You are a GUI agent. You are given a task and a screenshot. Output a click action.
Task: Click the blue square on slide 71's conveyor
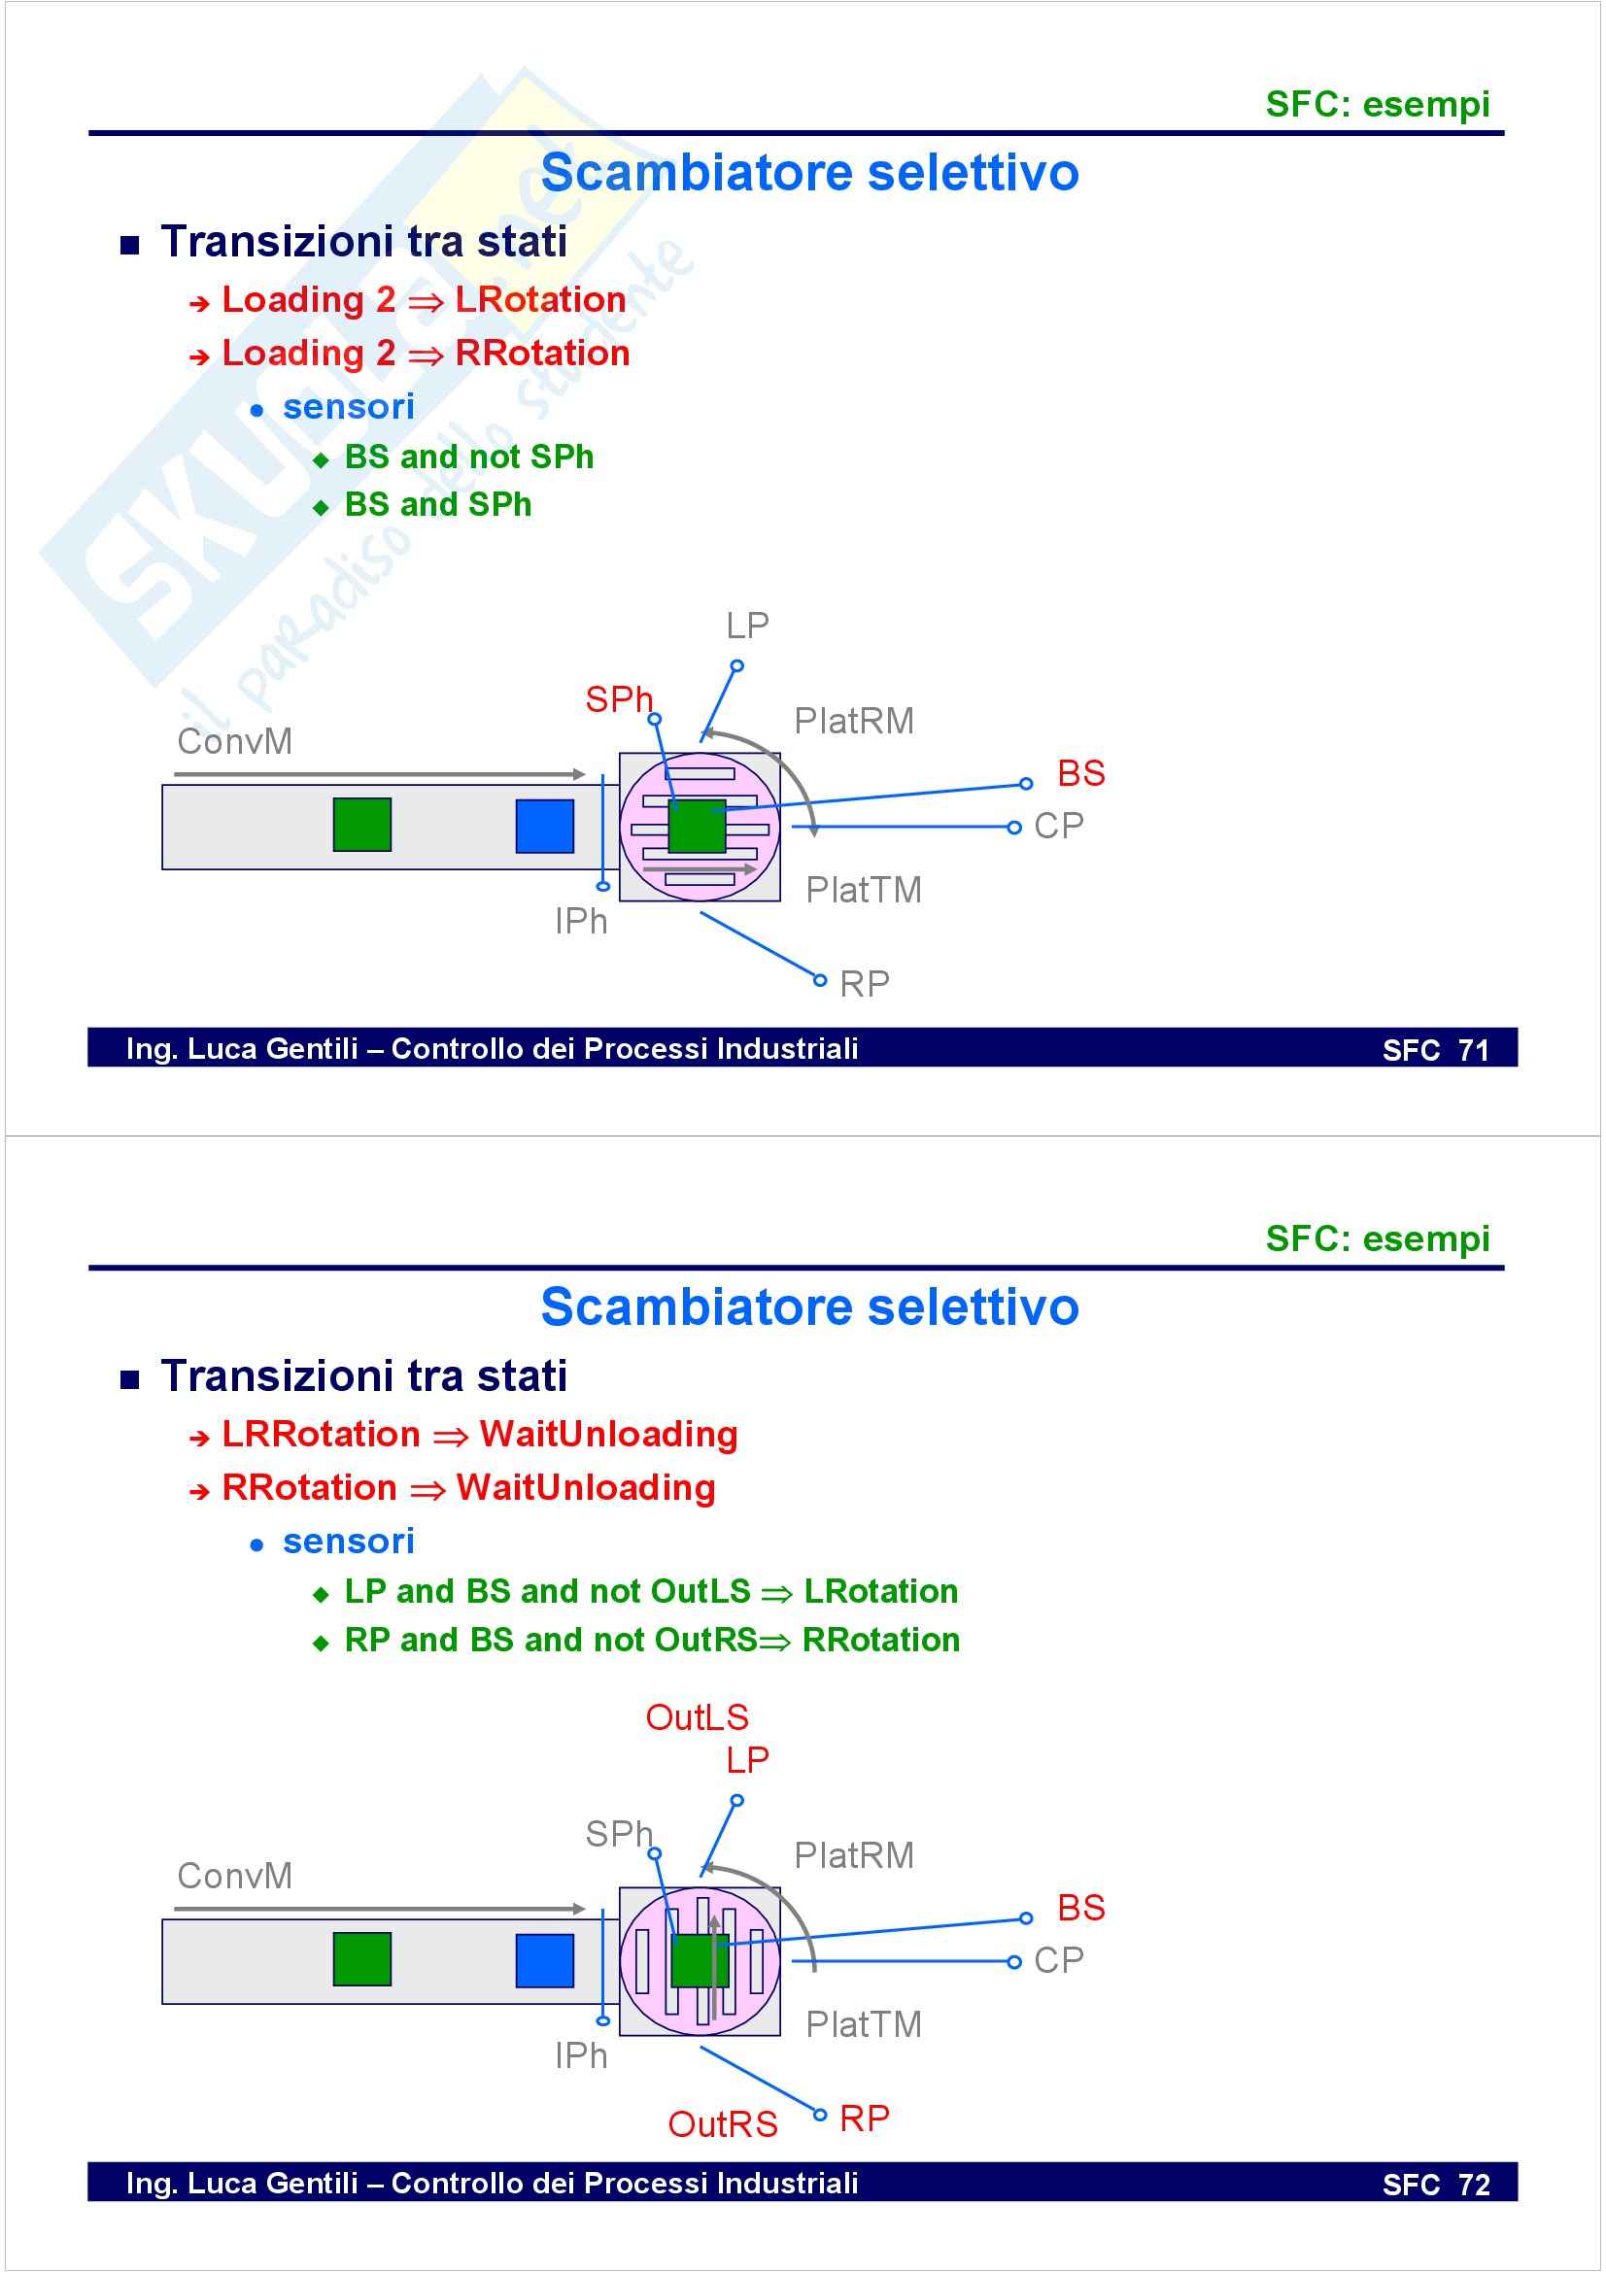click(544, 827)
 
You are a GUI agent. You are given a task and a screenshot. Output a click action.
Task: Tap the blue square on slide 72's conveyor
click(544, 1960)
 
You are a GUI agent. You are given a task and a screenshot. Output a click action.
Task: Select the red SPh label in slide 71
click(619, 699)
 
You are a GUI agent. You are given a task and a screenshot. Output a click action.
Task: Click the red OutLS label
click(697, 1716)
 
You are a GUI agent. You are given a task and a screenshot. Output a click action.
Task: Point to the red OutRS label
click(722, 2123)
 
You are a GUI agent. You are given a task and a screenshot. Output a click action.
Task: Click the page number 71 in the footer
click(1474, 1050)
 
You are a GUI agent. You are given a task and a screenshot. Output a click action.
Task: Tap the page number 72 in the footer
click(1474, 2184)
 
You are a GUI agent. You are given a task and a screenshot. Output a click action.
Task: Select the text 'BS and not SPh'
click(468, 458)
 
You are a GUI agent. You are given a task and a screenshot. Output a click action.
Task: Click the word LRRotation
click(321, 1434)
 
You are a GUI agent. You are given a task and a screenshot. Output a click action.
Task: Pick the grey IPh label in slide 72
click(581, 2055)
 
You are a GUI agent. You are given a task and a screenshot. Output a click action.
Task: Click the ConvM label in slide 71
click(234, 741)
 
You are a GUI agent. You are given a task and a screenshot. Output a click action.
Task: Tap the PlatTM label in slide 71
click(863, 890)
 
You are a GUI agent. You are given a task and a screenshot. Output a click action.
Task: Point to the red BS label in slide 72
click(1080, 1907)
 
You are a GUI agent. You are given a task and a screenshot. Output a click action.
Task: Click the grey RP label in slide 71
click(864, 984)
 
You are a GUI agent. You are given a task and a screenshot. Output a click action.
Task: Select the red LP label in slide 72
click(747, 1759)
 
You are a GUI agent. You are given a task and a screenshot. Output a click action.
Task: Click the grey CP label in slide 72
click(1058, 1959)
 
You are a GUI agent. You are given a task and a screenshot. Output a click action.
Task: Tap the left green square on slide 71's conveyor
click(362, 825)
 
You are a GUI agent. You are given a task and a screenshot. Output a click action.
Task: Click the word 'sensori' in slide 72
click(349, 1541)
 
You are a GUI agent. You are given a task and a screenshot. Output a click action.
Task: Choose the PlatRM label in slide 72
click(854, 1855)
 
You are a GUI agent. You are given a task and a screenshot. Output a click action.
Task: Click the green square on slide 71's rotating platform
click(697, 827)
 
